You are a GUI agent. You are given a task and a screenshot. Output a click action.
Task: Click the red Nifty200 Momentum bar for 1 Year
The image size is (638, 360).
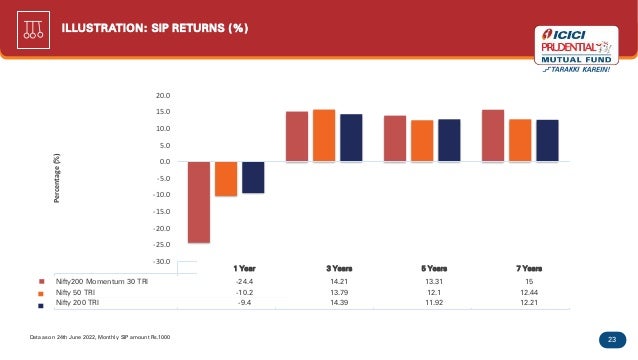point(199,202)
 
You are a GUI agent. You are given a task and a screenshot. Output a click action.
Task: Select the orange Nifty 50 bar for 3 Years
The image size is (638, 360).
point(324,135)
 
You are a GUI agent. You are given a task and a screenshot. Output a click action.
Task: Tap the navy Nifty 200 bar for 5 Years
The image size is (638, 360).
point(449,140)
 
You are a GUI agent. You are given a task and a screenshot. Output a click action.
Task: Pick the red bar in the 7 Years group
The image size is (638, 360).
point(493,135)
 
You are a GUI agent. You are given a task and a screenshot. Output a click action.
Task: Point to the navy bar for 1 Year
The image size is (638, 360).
point(253,177)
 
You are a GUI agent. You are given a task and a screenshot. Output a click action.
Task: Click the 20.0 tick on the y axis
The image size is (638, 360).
point(163,96)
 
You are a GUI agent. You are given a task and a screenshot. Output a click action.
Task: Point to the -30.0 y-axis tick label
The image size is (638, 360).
point(162,262)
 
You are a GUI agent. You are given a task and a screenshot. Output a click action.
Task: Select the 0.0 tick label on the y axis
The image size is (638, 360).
point(165,161)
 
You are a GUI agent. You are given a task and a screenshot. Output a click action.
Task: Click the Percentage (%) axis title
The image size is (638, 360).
point(57,178)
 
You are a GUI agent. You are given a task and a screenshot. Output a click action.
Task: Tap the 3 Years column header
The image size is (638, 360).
point(339,268)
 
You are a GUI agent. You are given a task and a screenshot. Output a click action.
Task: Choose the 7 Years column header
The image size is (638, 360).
point(529,268)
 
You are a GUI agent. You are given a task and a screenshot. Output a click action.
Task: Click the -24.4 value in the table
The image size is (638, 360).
point(244,281)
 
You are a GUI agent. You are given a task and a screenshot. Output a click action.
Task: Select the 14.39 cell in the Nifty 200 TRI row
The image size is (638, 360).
point(339,303)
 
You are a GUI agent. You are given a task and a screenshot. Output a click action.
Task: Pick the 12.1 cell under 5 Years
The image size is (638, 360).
point(434,292)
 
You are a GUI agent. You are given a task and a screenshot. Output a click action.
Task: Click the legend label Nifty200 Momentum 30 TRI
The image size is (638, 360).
point(102,281)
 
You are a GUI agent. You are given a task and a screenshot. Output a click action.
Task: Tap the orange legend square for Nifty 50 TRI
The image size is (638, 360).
point(41,294)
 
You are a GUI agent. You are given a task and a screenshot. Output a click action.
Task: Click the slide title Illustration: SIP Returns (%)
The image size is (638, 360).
point(155,28)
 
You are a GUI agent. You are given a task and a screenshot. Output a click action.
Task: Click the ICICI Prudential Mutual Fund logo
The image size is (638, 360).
point(576,49)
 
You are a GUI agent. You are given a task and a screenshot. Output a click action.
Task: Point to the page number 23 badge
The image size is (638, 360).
point(612,340)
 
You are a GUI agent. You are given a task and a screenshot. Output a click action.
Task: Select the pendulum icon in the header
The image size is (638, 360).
point(33,30)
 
